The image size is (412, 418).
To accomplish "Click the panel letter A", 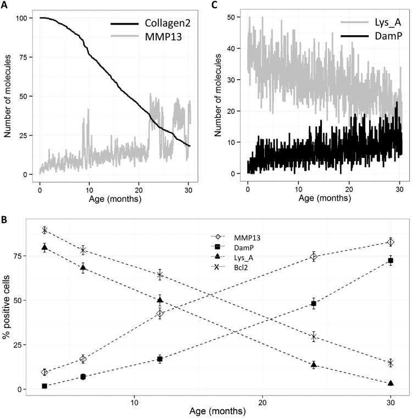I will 4,5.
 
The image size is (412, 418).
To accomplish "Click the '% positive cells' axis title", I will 7,302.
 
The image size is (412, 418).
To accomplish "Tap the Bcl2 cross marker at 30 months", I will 391,363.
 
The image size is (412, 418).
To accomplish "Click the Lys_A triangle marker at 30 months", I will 391,383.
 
